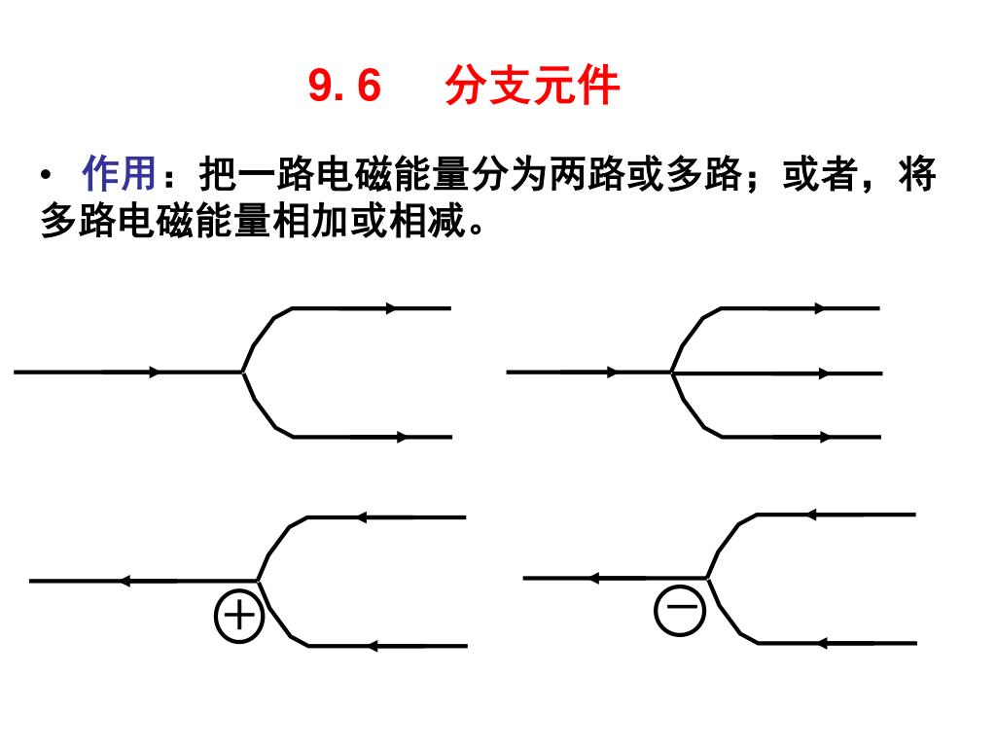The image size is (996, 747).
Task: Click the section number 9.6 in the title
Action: (x=344, y=87)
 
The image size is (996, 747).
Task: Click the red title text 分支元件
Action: (x=532, y=87)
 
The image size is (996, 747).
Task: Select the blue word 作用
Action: (x=119, y=175)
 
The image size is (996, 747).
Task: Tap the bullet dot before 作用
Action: (x=47, y=177)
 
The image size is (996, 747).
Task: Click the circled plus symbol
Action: (x=238, y=616)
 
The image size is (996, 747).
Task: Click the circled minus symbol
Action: (x=681, y=610)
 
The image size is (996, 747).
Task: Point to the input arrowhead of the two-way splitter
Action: (x=154, y=372)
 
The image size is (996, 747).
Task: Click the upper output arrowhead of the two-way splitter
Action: (x=392, y=308)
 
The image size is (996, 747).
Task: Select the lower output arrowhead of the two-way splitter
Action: (x=403, y=437)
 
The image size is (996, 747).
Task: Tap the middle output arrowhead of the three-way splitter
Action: (x=823, y=373)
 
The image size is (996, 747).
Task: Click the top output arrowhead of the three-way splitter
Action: (x=820, y=307)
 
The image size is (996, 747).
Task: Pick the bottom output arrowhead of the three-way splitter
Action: (x=823, y=437)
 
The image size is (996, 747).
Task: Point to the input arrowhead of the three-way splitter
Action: (x=612, y=372)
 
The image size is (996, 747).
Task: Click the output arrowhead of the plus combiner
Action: (x=124, y=581)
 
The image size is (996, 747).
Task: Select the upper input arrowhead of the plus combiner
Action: (x=361, y=517)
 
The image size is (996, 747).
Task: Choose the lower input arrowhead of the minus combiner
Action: (x=822, y=643)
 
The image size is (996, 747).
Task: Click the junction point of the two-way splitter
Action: (x=242, y=372)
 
